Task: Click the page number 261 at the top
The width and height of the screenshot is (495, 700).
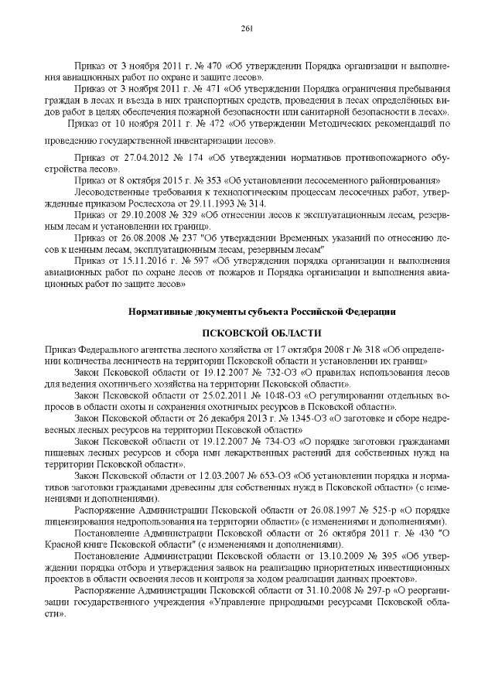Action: (x=247, y=29)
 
